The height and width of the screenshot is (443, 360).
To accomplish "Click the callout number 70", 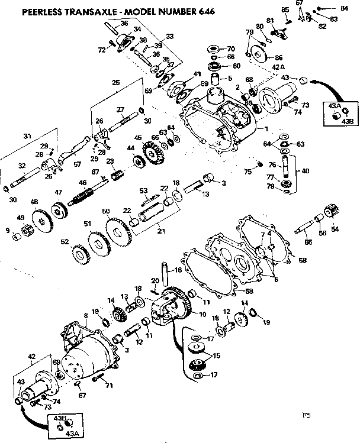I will (231, 47).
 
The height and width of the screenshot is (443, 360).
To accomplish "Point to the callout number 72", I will (101, 50).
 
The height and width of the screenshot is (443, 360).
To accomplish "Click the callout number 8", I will (85, 315).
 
